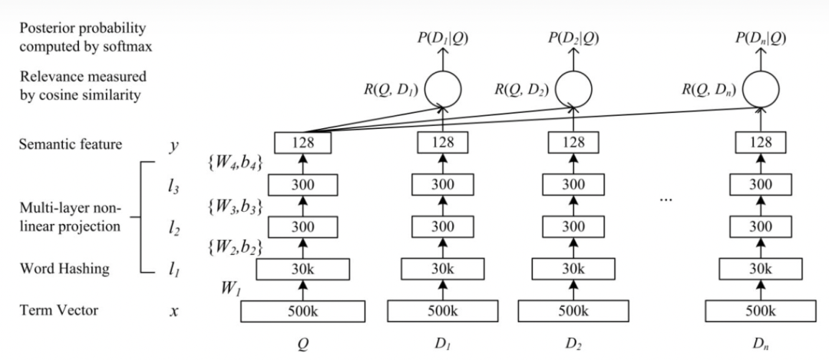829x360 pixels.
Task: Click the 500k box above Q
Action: [x=302, y=312]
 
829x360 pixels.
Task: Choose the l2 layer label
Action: [x=175, y=228]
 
